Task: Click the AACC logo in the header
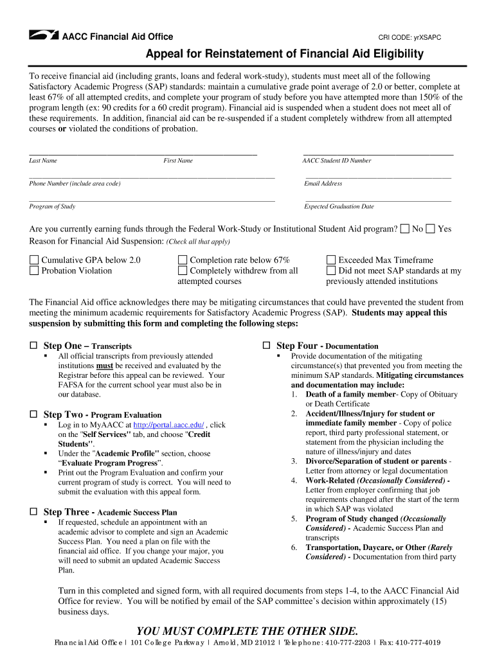click(44, 36)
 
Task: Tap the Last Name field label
click(43, 161)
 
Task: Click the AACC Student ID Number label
click(336, 161)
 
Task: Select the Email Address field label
click(323, 184)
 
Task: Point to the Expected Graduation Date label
click(339, 207)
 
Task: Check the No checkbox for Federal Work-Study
click(404, 229)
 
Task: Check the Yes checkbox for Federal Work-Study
click(430, 229)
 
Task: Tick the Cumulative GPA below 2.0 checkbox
click(34, 260)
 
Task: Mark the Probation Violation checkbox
click(34, 271)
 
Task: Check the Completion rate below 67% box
click(183, 260)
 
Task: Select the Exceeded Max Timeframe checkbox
click(331, 260)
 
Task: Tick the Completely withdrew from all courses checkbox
click(183, 271)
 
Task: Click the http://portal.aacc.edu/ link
click(168, 425)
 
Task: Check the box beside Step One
click(33, 346)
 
